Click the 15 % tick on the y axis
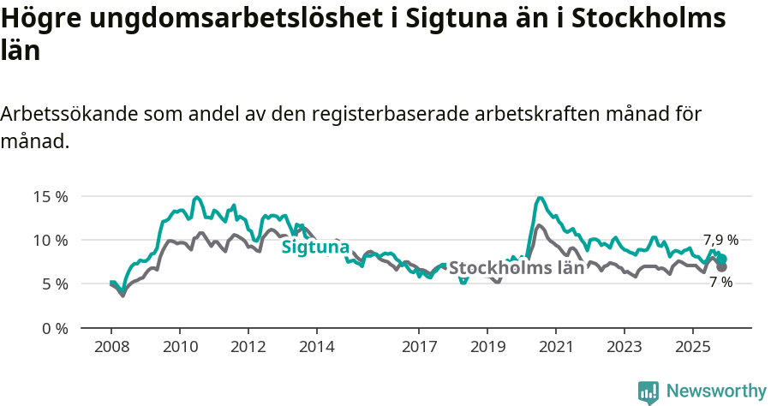(x=50, y=196)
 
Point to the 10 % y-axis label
(x=50, y=240)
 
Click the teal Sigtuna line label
(x=315, y=248)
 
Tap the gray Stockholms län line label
(x=517, y=267)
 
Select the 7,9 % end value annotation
(x=720, y=241)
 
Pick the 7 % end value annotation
(x=720, y=282)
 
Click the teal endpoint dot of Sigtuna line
(x=722, y=259)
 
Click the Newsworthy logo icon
(x=648, y=391)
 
